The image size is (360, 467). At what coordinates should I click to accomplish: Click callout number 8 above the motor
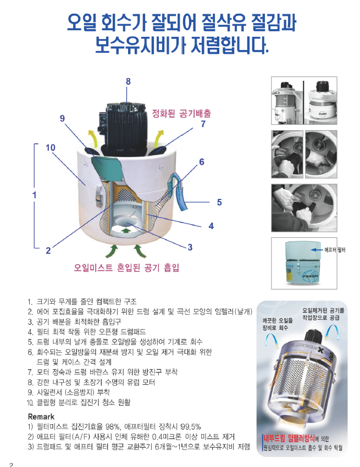pos(128,81)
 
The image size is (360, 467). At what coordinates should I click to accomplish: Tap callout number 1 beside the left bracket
pos(34,194)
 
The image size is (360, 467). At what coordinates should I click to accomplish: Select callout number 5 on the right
pos(219,202)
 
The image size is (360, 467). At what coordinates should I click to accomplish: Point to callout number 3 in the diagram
pos(190,247)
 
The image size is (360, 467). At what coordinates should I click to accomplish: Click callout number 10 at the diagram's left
pos(51,147)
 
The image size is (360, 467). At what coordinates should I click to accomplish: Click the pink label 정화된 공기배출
pos(181,113)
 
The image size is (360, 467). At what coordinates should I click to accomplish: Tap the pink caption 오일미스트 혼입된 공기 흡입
pos(126,268)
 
